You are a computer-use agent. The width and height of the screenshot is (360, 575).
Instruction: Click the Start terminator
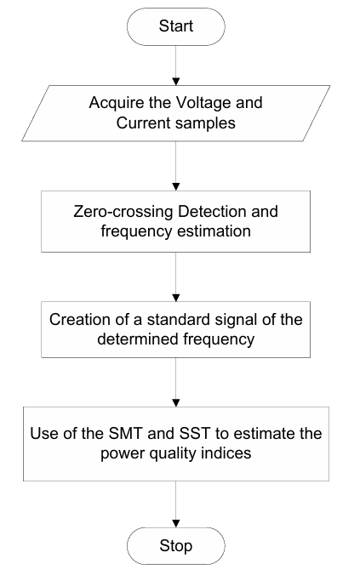(176, 26)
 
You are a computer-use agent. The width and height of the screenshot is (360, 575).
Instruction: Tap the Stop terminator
(176, 546)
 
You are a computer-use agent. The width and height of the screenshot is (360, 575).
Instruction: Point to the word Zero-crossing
(123, 212)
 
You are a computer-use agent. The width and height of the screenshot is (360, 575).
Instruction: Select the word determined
(138, 339)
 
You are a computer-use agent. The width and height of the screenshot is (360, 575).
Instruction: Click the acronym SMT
(125, 434)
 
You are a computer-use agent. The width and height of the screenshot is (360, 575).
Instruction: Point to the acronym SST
(195, 434)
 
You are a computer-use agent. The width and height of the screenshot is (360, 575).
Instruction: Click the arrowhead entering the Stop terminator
(176, 524)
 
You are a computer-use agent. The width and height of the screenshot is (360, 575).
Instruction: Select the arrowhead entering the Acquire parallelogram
(176, 82)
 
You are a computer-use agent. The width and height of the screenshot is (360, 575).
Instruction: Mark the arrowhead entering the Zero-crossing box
(176, 187)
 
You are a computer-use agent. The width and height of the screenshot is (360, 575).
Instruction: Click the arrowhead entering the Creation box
(176, 298)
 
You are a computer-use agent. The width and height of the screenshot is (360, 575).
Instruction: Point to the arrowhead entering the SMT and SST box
(176, 403)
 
